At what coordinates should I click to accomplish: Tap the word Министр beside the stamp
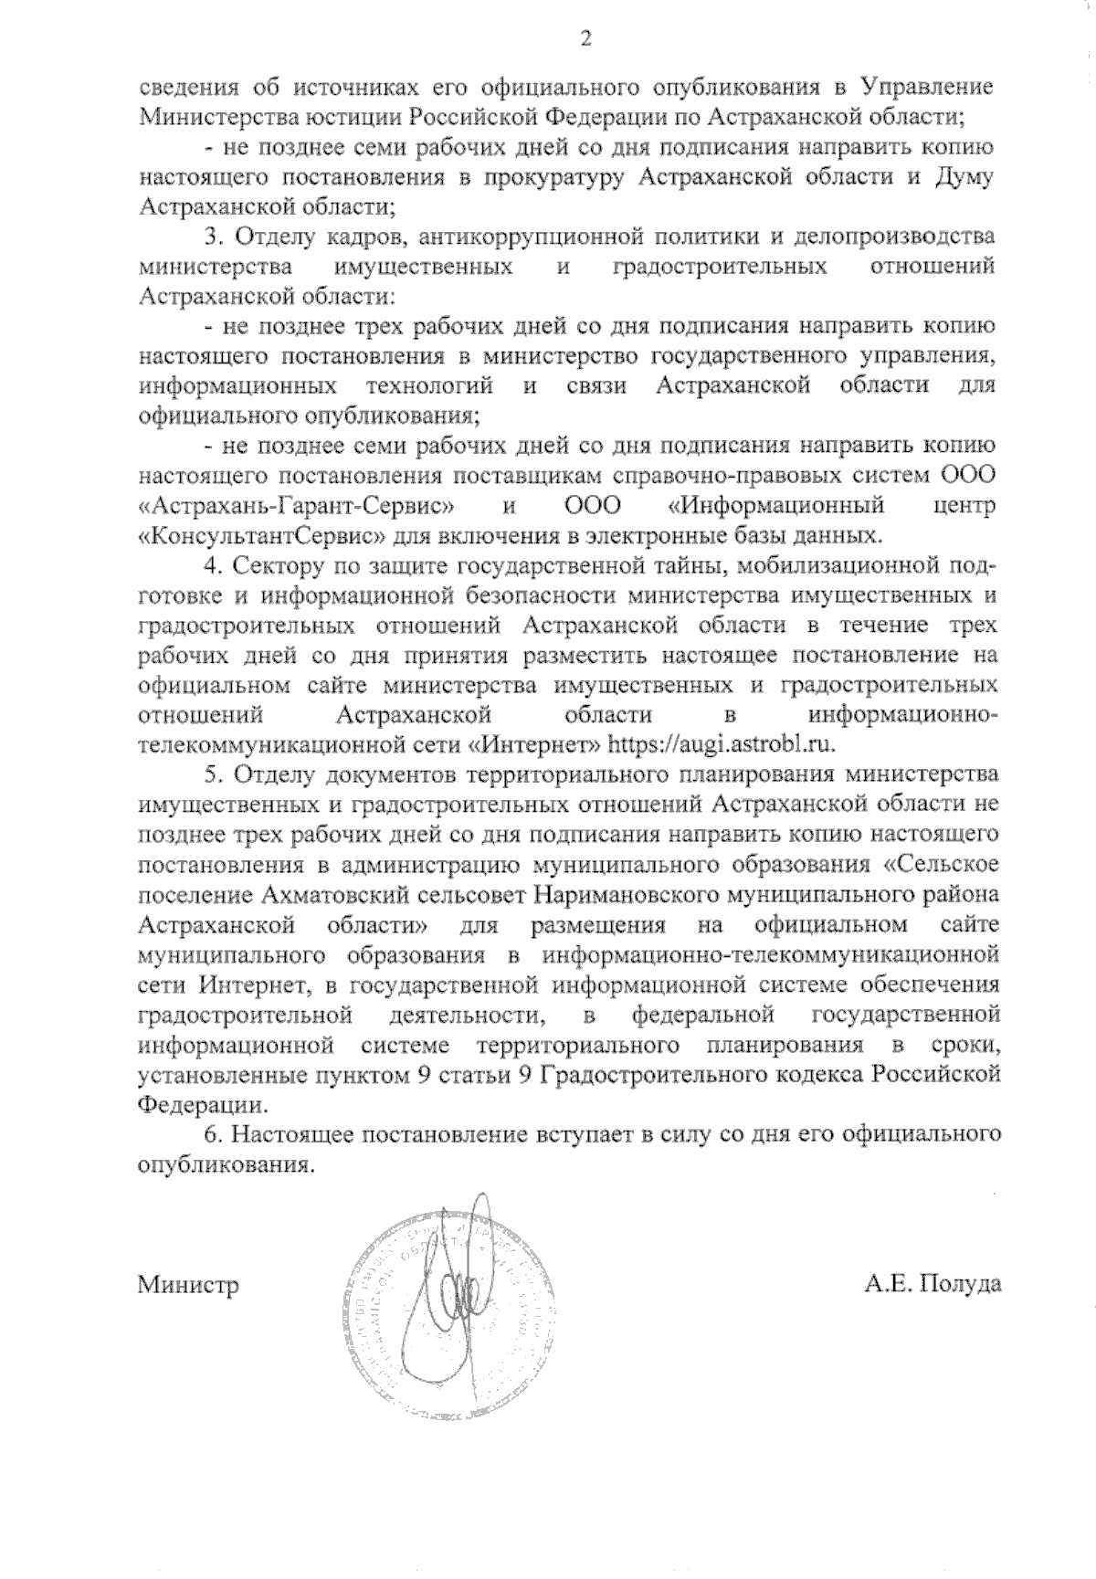click(x=188, y=1286)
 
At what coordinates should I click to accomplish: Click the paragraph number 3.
click(x=214, y=237)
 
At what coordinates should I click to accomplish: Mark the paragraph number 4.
click(x=214, y=565)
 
